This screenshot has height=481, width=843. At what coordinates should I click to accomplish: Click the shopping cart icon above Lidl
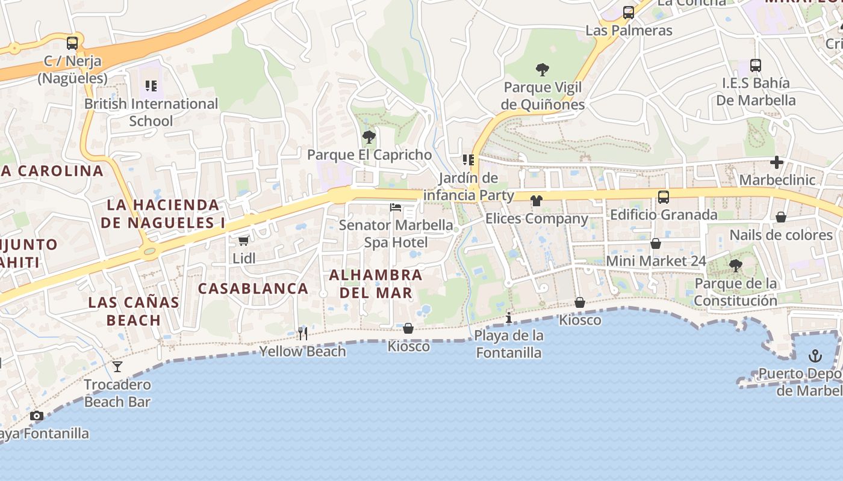coord(243,240)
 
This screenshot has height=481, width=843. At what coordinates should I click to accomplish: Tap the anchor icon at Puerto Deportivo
coord(815,356)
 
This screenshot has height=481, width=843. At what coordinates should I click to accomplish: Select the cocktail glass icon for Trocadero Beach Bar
coord(117,366)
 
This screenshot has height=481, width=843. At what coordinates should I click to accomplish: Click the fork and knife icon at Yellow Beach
coord(303,333)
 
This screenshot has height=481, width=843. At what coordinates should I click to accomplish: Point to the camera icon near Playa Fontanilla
coord(37,415)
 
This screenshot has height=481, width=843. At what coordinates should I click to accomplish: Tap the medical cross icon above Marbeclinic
coord(777,162)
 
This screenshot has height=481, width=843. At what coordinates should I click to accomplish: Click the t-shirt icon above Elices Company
coord(536,201)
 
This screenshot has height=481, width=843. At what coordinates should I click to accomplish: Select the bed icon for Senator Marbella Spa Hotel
coord(396,207)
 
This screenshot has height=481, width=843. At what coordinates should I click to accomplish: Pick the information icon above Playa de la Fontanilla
coord(509,317)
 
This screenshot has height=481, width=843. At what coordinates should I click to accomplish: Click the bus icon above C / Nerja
coord(72,43)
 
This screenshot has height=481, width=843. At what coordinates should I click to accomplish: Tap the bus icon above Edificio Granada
coord(663,197)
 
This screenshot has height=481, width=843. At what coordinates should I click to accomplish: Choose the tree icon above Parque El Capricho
coord(369,137)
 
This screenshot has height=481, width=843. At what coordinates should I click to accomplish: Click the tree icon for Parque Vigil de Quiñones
coord(543,70)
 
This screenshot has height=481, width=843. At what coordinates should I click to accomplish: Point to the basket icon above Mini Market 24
coord(656,244)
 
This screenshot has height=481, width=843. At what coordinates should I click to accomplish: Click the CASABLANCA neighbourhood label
coord(254,289)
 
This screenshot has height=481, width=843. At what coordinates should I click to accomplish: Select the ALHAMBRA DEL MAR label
coord(376,284)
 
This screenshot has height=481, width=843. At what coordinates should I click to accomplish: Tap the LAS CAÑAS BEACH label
coord(134,311)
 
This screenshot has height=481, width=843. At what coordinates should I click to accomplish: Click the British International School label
coord(151,112)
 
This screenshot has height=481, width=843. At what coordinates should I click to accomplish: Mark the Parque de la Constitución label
coord(736,292)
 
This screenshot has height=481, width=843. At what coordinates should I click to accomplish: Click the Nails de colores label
coord(781,235)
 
